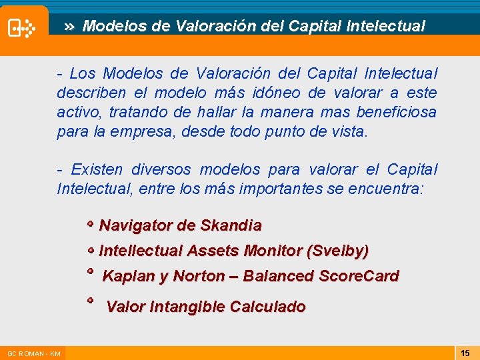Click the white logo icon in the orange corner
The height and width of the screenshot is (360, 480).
point(21,28)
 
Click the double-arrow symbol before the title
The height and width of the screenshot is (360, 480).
point(69,27)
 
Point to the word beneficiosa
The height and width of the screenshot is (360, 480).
point(396,112)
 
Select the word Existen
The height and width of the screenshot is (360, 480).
point(97,170)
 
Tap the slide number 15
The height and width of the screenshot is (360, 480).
point(465,353)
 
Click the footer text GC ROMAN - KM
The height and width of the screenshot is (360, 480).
point(33,353)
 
